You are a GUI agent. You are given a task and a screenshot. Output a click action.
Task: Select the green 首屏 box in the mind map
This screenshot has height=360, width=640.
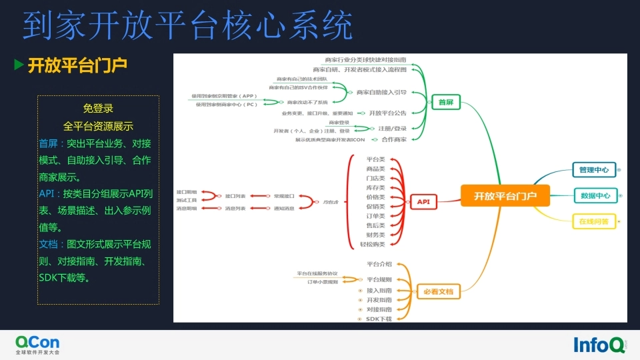445,103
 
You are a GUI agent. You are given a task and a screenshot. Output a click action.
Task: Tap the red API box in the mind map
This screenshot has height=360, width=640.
423,201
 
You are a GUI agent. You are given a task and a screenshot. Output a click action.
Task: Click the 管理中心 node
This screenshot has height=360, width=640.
594,170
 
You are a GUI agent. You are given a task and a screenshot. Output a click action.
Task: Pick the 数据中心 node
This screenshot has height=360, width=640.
595,196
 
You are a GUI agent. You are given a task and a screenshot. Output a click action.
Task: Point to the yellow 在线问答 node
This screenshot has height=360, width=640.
593,221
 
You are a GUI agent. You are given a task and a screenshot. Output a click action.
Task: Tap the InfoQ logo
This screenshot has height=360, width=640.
599,344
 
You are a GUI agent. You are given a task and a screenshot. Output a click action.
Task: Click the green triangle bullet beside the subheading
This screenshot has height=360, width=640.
19,65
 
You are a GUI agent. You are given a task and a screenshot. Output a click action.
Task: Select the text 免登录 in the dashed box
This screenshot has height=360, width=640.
98,109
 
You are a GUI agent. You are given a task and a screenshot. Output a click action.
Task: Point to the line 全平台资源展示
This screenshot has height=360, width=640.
98,125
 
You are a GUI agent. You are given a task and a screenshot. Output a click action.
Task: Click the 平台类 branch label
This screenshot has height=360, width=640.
376,160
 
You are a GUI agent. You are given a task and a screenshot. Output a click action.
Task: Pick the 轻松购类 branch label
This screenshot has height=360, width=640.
373,245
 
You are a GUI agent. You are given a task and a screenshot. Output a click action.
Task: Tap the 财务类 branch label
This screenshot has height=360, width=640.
376,235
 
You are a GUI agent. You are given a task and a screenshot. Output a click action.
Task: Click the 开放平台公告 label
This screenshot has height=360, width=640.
388,113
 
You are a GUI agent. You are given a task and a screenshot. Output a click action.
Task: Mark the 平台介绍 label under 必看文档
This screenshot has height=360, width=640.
379,264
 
